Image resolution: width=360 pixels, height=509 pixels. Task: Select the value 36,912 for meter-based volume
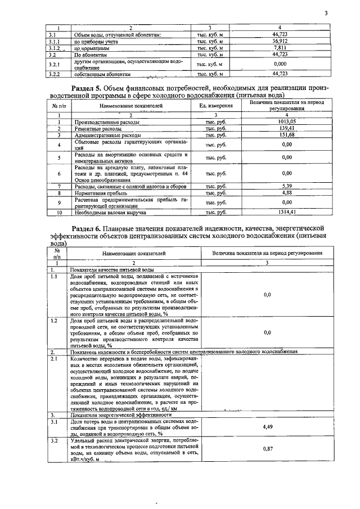(280, 42)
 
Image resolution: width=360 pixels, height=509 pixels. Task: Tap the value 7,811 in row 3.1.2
(280, 48)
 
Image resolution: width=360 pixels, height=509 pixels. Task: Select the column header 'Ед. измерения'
(216, 106)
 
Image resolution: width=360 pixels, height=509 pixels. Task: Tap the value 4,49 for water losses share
(267, 427)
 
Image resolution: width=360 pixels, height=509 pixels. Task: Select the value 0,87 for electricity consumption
(267, 449)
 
